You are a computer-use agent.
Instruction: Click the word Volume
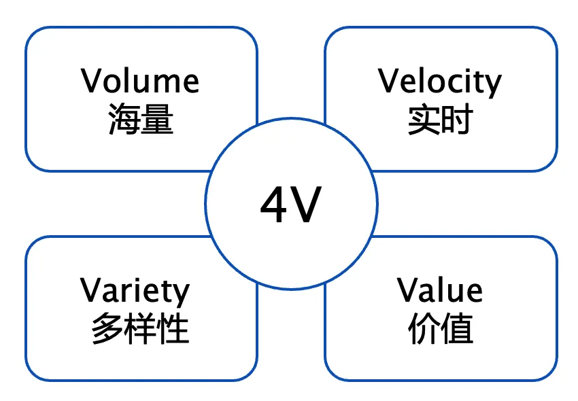(141, 82)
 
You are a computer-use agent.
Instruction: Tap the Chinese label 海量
(141, 120)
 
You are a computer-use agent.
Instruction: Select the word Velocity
(440, 82)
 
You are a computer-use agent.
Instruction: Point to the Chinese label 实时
(440, 120)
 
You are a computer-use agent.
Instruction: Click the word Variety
(135, 291)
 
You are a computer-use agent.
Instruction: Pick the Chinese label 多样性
(140, 330)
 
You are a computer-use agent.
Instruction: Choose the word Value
(440, 290)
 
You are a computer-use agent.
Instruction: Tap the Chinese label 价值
(440, 330)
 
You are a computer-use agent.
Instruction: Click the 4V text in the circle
(290, 206)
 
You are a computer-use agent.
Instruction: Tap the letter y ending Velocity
(493, 84)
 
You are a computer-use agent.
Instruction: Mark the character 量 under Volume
(158, 120)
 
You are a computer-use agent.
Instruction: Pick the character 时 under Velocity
(457, 120)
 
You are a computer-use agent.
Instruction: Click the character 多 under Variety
(107, 330)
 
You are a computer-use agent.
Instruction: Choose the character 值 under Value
(457, 330)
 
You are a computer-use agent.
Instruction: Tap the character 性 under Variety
(173, 330)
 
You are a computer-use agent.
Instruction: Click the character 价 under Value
(423, 330)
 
